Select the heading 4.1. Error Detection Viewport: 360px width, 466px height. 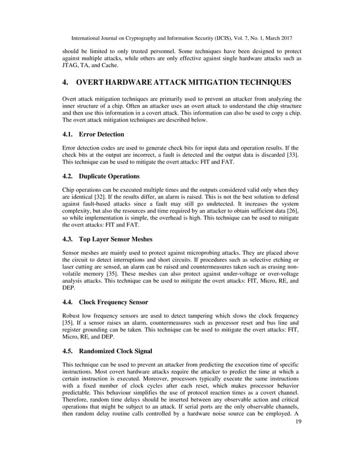(94, 135)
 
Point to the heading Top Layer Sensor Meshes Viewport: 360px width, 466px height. (116, 239)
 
